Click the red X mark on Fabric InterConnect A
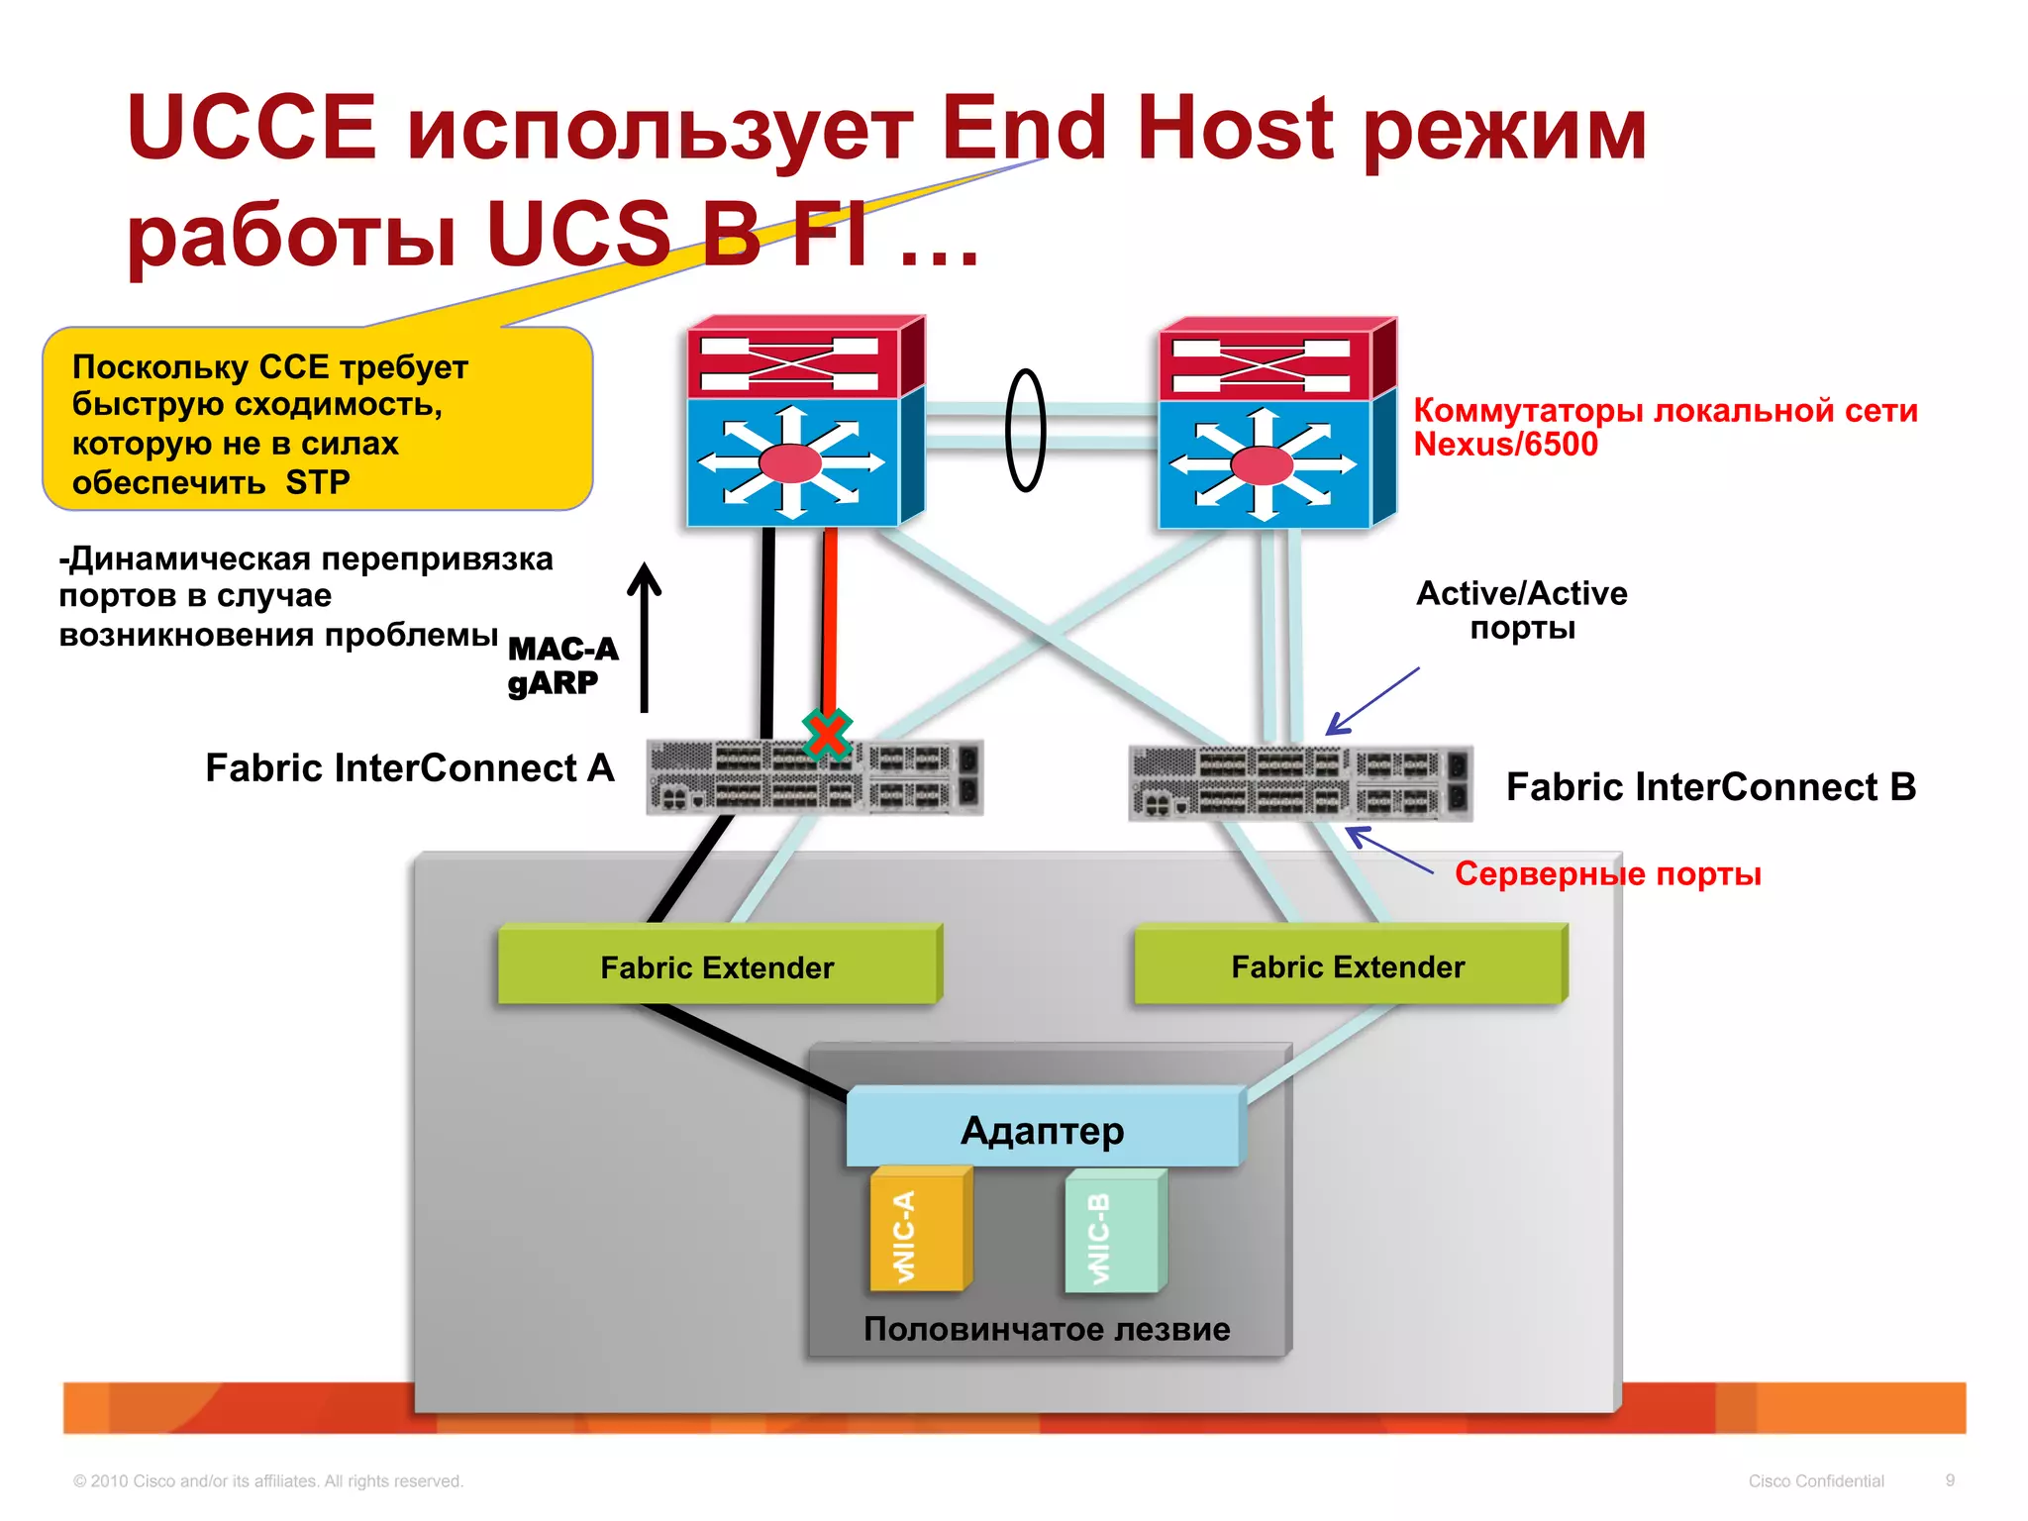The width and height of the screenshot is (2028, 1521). coord(827,735)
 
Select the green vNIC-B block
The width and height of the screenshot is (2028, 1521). coord(1113,1234)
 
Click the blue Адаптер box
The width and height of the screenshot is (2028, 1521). coord(1044,1129)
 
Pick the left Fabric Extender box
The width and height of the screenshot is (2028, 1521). coord(718,966)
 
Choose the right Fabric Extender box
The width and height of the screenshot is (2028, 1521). coord(1348,966)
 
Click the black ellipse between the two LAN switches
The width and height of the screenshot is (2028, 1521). coord(1026,430)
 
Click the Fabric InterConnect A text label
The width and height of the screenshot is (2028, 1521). coord(409,768)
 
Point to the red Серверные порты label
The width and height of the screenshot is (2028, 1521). coord(1607,874)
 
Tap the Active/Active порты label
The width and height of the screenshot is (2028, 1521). coord(1522,610)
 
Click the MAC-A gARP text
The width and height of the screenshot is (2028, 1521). coord(561,665)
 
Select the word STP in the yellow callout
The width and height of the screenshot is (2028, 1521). coord(318,482)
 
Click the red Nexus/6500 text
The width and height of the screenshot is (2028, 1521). coord(1505,445)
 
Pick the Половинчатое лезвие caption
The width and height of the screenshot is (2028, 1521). coord(1047,1329)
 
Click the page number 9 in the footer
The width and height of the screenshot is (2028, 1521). coord(1950,1480)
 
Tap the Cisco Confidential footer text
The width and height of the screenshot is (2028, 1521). coord(1815,1481)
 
